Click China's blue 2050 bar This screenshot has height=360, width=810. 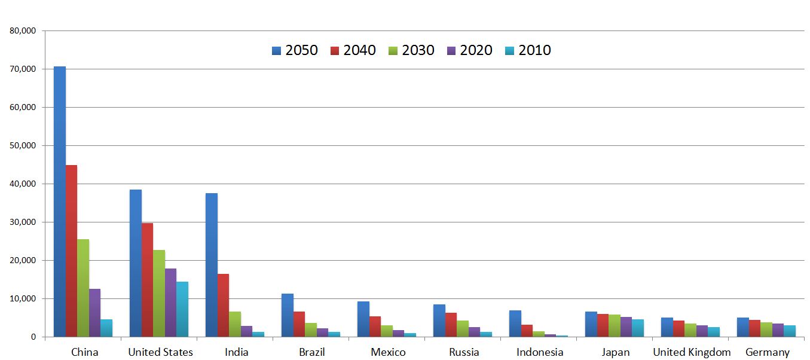coord(60,202)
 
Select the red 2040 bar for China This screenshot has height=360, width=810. coord(71,251)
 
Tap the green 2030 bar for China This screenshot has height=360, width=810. coord(83,288)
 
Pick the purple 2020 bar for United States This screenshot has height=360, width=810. coord(171,303)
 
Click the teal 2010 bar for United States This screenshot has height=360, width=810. coord(182,309)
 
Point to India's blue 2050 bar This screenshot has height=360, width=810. coord(212,265)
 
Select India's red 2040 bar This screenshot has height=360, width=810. coord(223,306)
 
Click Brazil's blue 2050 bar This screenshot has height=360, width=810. coord(288,315)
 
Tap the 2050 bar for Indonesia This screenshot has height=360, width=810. coord(515,324)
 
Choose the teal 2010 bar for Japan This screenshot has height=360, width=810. coord(638,328)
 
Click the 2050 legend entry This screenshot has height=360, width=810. coord(295,50)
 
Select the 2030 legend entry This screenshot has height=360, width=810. coord(411,50)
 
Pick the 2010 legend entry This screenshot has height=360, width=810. coord(528,50)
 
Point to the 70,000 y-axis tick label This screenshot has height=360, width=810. coord(23,69)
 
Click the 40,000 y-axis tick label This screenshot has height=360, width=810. coord(23,184)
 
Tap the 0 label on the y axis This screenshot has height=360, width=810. coord(33,337)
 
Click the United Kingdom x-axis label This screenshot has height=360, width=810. coord(692,352)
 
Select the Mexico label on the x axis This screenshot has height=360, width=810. coord(388,352)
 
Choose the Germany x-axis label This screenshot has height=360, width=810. coord(768,352)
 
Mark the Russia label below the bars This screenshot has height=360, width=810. coord(464,352)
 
